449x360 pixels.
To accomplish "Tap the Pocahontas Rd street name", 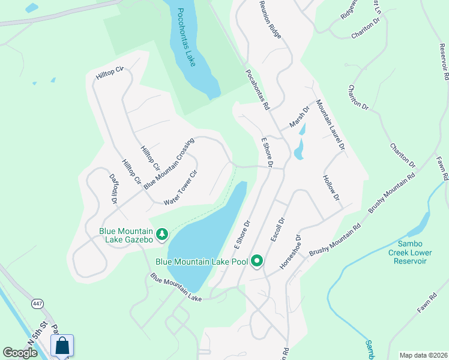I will tap(257, 89).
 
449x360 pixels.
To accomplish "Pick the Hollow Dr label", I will tap(331, 188).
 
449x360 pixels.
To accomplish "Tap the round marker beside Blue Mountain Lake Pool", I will tap(258, 261).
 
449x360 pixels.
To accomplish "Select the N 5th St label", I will tap(37, 334).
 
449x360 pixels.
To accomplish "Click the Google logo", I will tap(20, 353).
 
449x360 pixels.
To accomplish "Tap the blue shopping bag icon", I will tap(62, 346).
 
